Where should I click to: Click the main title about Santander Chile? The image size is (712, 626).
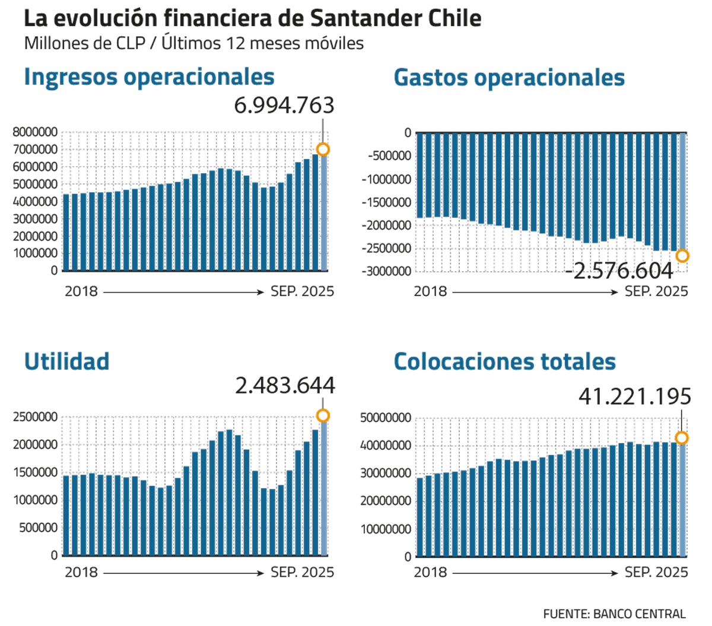tap(252, 19)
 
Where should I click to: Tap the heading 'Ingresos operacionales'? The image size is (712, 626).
tap(149, 77)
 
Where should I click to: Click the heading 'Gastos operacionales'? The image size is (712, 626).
tap(509, 78)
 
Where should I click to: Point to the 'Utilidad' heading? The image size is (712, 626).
tap(66, 361)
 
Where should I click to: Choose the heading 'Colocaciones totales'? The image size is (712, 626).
tap(504, 361)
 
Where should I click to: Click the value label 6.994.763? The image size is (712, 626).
tap(284, 106)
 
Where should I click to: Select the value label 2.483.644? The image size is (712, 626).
tap(285, 386)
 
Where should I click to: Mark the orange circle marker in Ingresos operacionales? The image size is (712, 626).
tap(323, 150)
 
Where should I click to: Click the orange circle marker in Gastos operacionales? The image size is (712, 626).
tap(682, 256)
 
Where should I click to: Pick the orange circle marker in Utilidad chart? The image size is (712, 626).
tap(323, 415)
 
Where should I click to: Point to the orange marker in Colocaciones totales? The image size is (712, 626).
tap(682, 438)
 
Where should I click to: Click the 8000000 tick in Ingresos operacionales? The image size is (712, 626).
tap(35, 132)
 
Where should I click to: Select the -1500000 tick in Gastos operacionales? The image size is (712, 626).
tap(390, 202)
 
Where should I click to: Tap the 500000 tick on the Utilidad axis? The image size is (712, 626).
tap(39, 528)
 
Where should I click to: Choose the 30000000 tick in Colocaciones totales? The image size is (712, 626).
tap(386, 473)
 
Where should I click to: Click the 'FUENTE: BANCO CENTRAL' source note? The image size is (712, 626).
tap(614, 613)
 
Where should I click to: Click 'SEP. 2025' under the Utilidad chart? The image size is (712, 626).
tap(302, 573)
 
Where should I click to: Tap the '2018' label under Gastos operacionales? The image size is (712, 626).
tap(430, 291)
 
